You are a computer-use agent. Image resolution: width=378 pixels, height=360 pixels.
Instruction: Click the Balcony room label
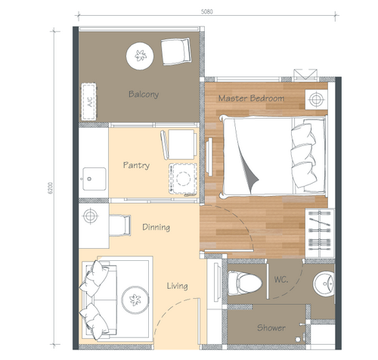tap(144, 95)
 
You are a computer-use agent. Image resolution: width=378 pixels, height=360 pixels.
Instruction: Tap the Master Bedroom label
tap(251, 98)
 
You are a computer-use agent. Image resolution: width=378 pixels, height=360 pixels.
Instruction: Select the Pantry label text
tap(136, 165)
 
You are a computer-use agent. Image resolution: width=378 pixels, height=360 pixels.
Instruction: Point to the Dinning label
tap(156, 227)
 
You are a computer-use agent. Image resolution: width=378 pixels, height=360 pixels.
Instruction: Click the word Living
tap(177, 286)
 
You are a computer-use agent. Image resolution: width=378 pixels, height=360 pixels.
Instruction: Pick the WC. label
tap(281, 279)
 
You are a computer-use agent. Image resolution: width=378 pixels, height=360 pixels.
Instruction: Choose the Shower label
tap(271, 327)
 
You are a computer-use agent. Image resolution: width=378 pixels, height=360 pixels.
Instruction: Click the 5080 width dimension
tap(207, 11)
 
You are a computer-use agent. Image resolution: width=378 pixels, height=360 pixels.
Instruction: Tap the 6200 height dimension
tap(51, 188)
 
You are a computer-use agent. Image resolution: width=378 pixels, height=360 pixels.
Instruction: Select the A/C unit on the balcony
tap(88, 101)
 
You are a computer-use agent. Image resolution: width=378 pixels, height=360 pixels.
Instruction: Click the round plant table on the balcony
tap(140, 56)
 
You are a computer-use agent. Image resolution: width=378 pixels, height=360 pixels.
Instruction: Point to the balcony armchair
tap(176, 51)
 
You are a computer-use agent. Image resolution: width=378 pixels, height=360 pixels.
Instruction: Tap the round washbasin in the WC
tap(324, 284)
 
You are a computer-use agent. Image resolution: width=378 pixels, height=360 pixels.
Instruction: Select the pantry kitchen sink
tap(94, 178)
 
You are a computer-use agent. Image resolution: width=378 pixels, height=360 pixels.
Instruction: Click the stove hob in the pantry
tap(183, 178)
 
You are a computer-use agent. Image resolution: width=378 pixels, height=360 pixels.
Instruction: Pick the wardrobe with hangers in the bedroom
tap(320, 233)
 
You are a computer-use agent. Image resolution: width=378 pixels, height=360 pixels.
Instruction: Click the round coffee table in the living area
tap(135, 300)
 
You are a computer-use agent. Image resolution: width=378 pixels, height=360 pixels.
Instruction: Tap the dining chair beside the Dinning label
tap(120, 225)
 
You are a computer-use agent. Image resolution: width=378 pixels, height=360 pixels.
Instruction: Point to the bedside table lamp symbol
tap(316, 99)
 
